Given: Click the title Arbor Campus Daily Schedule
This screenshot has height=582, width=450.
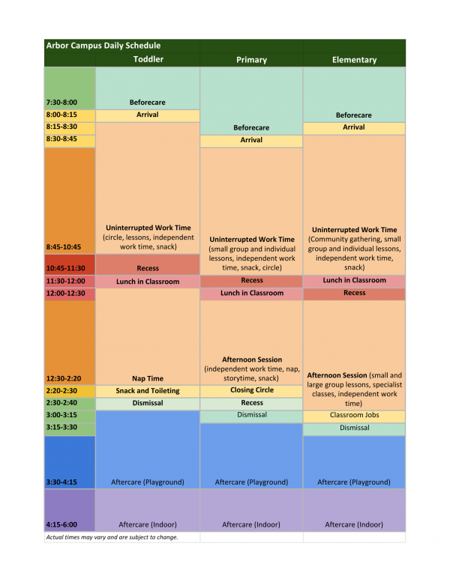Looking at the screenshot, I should tap(103, 46).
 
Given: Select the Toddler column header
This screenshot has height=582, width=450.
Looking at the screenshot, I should tap(148, 59).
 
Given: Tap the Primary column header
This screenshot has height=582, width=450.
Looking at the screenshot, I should tap(251, 59).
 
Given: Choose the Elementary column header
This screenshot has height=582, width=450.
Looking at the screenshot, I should tap(354, 59).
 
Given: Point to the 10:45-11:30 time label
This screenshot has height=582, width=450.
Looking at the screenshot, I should tap(66, 268).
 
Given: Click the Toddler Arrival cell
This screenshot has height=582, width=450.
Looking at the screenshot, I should tap(148, 115).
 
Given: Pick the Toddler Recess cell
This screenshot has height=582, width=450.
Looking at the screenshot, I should tap(148, 268).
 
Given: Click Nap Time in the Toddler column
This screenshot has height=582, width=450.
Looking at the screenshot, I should tap(148, 378).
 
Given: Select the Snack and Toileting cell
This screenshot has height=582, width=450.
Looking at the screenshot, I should tap(148, 391).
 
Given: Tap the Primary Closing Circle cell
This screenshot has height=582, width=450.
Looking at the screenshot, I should tap(251, 390).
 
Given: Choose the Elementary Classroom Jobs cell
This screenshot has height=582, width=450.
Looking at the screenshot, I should tap(354, 415).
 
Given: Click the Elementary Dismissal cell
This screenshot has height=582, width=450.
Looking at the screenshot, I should tap(354, 428).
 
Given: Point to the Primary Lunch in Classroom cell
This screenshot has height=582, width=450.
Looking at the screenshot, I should tap(251, 293).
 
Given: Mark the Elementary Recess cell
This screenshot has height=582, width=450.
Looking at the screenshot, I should tap(354, 293).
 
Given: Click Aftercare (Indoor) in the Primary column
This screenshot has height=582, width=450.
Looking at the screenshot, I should tap(251, 524).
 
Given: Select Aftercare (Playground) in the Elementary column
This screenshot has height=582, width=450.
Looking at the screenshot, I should tap(354, 482).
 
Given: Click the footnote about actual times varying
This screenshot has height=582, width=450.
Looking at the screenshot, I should tap(112, 537).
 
